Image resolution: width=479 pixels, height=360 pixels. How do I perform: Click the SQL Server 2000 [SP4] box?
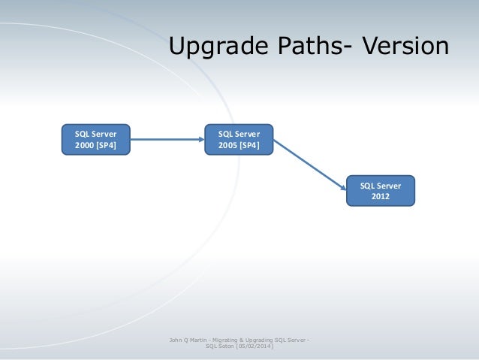[95, 139]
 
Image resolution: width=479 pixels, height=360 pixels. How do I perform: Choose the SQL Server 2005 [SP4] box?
[239, 139]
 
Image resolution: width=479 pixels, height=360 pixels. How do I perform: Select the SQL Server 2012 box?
[381, 191]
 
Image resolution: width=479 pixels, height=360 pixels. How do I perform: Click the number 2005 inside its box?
[228, 145]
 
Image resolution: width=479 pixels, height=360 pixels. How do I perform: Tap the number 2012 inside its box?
[381, 197]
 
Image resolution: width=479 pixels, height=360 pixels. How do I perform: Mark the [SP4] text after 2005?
[250, 145]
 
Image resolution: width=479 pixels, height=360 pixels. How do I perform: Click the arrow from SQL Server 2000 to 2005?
[165, 139]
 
